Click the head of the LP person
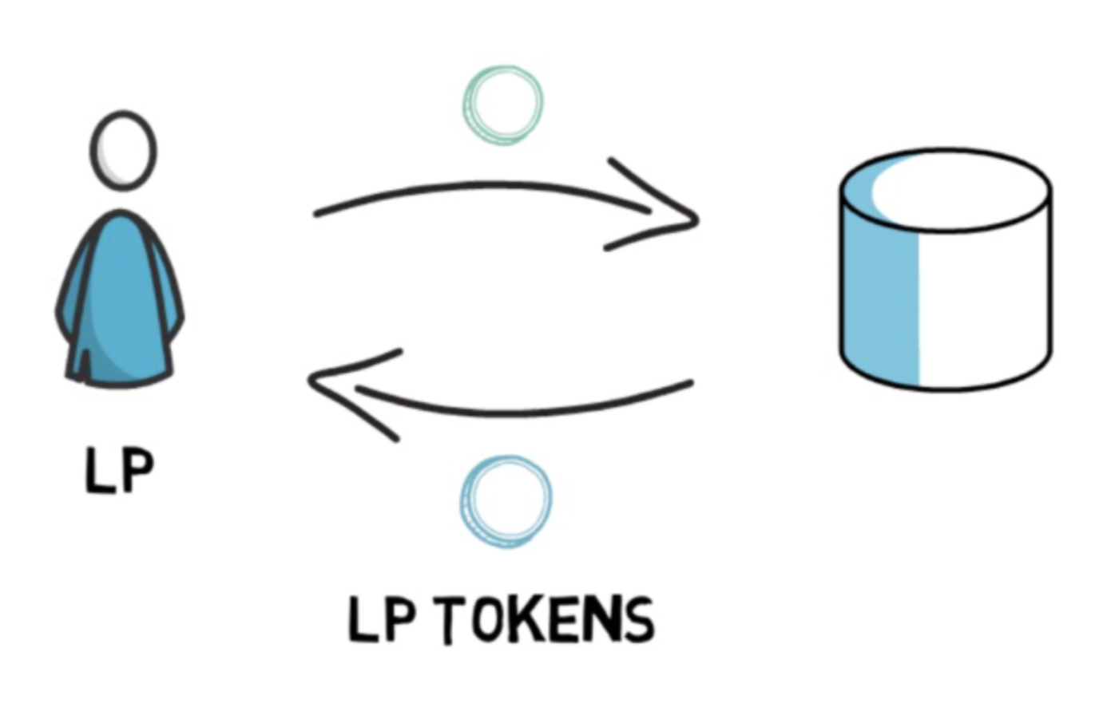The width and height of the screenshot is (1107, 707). coord(122,150)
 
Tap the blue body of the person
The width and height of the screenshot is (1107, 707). coord(120,303)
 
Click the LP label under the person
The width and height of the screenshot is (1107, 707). coord(118,471)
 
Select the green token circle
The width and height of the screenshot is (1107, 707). coord(502,105)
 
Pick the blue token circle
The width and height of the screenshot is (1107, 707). coord(506,500)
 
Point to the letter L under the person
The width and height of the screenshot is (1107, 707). coord(97,471)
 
